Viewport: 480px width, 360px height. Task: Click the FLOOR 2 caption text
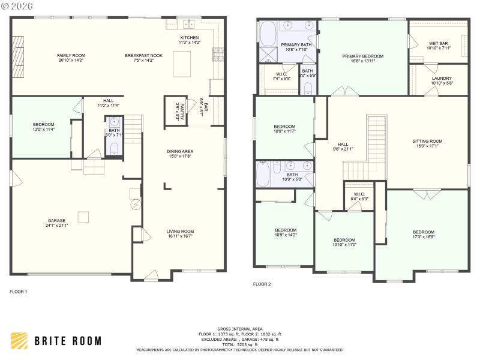coord(262,284)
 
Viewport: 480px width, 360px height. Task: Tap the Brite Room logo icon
coord(19,340)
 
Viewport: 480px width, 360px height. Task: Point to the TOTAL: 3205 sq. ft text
coord(240,345)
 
